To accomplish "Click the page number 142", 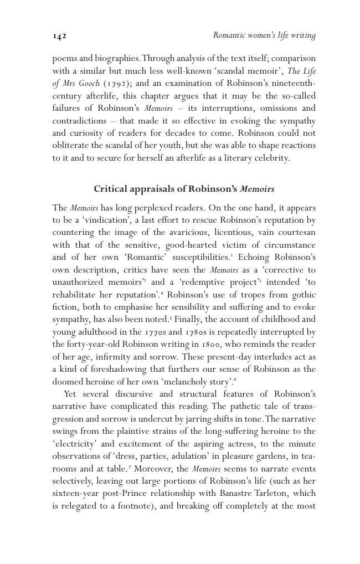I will click(59, 36).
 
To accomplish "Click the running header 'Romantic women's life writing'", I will click(264, 35).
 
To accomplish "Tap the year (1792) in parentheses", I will click(117, 84).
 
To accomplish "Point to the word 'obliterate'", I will click(70, 146).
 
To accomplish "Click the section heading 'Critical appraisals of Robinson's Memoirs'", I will click(184, 189).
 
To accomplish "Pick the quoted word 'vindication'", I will click(101, 221).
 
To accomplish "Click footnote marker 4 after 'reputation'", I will click(162, 293).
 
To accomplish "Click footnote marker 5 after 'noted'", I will click(171, 318).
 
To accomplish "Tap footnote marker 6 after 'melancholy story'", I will click(235, 380).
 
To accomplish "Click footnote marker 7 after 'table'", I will click(130, 467).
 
